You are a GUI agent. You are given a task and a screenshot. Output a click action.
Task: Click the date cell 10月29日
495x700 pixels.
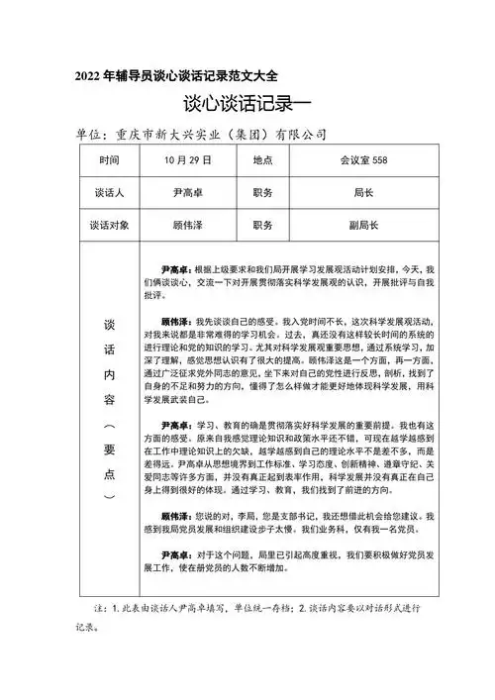click(x=181, y=160)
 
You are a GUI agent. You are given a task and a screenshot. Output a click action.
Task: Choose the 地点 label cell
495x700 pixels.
click(x=262, y=160)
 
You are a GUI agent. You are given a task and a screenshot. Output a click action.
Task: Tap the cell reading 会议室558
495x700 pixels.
click(x=360, y=160)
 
